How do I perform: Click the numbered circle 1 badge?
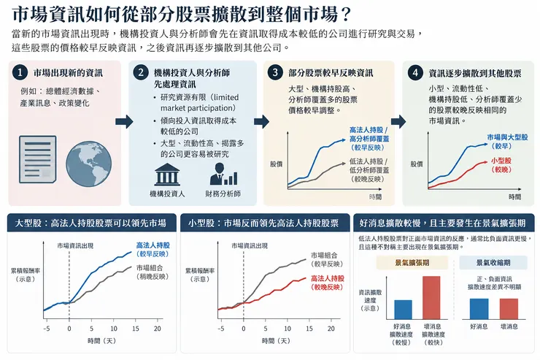click(x=20, y=73)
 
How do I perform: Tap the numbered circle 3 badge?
click(x=275, y=73)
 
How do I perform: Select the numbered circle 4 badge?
click(x=415, y=73)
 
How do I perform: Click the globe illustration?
click(x=88, y=164)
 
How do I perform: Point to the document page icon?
click(x=38, y=158)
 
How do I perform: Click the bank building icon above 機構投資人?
click(x=167, y=175)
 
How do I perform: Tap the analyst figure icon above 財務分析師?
click(x=223, y=175)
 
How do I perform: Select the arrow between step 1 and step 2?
click(x=124, y=121)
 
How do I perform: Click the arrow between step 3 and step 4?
click(x=398, y=121)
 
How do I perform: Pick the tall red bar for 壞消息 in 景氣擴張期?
click(x=431, y=298)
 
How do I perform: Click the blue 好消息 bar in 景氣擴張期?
click(x=403, y=310)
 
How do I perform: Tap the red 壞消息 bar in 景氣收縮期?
click(x=509, y=309)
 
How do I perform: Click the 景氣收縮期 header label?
click(x=493, y=262)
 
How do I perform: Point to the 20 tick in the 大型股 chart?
click(x=158, y=329)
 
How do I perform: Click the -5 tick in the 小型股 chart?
click(x=221, y=329)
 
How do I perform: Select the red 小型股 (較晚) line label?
click(x=501, y=165)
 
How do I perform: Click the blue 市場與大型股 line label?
click(x=507, y=142)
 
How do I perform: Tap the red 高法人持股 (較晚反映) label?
click(x=328, y=283)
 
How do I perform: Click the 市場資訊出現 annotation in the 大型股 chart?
click(x=75, y=245)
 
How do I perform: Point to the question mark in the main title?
click(x=345, y=15)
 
